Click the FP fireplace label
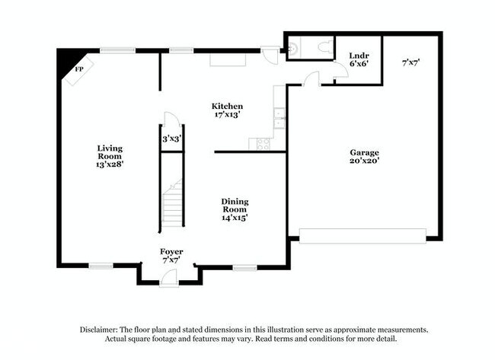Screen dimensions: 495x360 [x=79, y=68]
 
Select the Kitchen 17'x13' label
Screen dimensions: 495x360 [x=227, y=110]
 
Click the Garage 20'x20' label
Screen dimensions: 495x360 [x=364, y=157]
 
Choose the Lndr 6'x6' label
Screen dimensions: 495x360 [x=359, y=59]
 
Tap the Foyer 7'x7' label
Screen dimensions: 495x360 [x=171, y=256]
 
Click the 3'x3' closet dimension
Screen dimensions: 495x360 [x=172, y=139]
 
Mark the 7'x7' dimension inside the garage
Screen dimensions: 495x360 [x=410, y=62]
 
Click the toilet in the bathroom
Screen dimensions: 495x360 [x=325, y=47]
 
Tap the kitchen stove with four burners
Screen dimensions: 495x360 [x=263, y=145]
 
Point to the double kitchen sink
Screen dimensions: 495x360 [x=279, y=118]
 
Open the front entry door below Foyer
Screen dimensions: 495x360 [x=169, y=279]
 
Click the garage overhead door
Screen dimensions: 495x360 [x=362, y=236]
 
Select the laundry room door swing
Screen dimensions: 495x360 [x=342, y=70]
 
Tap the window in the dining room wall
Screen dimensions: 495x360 [x=244, y=268]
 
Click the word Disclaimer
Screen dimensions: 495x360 [x=99, y=330]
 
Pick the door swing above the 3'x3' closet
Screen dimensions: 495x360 [x=171, y=119]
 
